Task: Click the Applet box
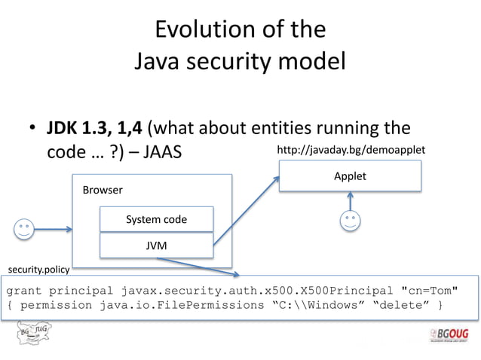tap(350, 175)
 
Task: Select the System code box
tap(156, 219)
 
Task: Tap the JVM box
tap(156, 245)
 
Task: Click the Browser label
tap(103, 190)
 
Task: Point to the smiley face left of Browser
tap(24, 228)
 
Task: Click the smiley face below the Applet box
tap(350, 221)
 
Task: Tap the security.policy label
tap(38, 268)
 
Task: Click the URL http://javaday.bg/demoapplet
tap(351, 151)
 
